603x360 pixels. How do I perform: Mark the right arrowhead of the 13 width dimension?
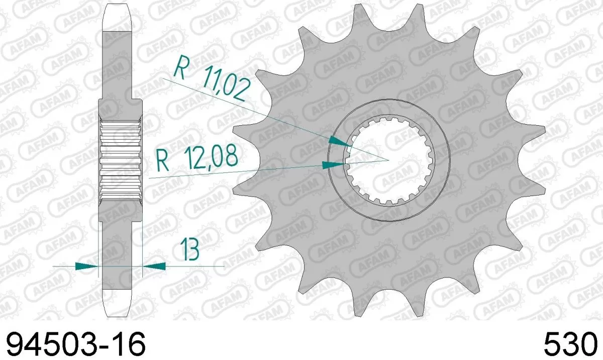pyautogui.click(x=154, y=265)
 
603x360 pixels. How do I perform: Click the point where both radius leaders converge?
pyautogui.click(x=388, y=160)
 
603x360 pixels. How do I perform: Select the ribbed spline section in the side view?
pyautogui.click(x=121, y=160)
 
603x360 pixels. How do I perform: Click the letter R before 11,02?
pyautogui.click(x=179, y=68)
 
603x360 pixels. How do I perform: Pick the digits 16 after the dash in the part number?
pyautogui.click(x=130, y=345)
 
